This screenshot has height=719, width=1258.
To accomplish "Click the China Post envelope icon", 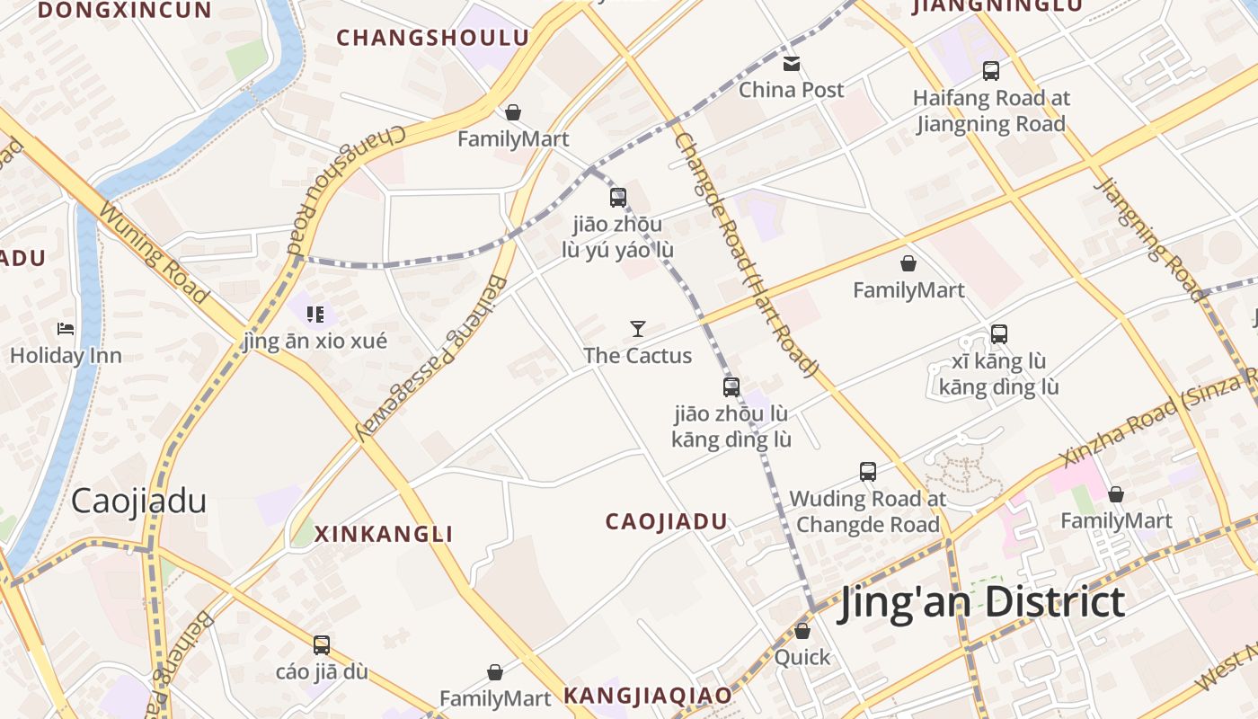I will pyautogui.click(x=791, y=64).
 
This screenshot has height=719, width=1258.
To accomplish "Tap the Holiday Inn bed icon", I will pyautogui.click(x=66, y=329).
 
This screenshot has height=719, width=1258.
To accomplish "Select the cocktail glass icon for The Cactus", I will pyautogui.click(x=638, y=329).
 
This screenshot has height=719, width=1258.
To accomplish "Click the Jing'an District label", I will pyautogui.click(x=981, y=602).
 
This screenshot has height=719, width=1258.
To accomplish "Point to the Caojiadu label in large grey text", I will pyautogui.click(x=138, y=501).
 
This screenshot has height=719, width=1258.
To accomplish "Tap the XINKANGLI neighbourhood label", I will pyautogui.click(x=384, y=534).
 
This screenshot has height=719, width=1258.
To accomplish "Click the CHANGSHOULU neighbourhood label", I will pyautogui.click(x=432, y=38).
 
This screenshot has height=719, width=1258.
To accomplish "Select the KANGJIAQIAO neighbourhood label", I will pyautogui.click(x=647, y=696).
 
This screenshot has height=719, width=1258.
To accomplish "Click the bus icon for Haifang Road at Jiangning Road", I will pyautogui.click(x=991, y=70).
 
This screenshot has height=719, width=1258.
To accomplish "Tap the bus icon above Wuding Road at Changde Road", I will pyautogui.click(x=868, y=472).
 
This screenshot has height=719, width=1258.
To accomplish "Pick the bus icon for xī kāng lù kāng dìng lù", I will pyautogui.click(x=998, y=334).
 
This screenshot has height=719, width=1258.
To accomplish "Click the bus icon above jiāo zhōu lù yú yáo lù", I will pyautogui.click(x=618, y=198).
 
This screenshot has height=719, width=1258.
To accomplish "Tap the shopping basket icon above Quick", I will pyautogui.click(x=802, y=631).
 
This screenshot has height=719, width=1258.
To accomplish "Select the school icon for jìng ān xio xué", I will pyautogui.click(x=314, y=315).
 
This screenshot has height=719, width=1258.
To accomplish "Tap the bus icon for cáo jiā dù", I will pyautogui.click(x=322, y=645).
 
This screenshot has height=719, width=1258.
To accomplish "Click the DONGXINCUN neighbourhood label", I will pyautogui.click(x=125, y=10).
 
